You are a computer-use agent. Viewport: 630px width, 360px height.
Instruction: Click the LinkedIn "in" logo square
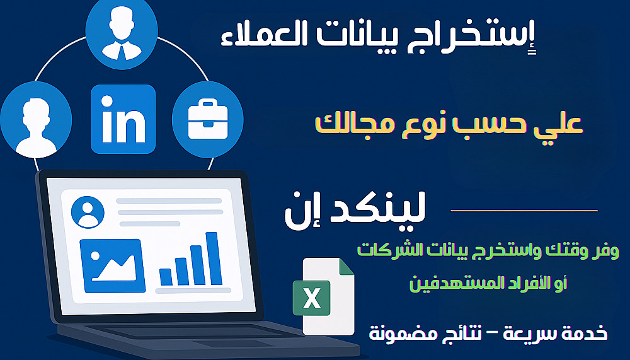click(123, 119)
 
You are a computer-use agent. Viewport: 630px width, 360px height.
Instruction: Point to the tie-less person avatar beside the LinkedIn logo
click(36, 120)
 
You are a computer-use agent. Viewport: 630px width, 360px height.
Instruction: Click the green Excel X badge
click(311, 298)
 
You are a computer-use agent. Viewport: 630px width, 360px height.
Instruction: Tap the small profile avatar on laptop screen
click(88, 212)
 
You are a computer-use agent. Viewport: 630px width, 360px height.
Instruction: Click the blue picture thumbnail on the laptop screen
click(113, 265)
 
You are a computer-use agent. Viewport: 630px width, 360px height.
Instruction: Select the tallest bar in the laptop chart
click(214, 258)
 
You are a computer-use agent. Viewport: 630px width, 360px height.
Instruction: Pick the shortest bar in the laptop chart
click(166, 277)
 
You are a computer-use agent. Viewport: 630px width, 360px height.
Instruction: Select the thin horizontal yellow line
click(524, 211)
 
